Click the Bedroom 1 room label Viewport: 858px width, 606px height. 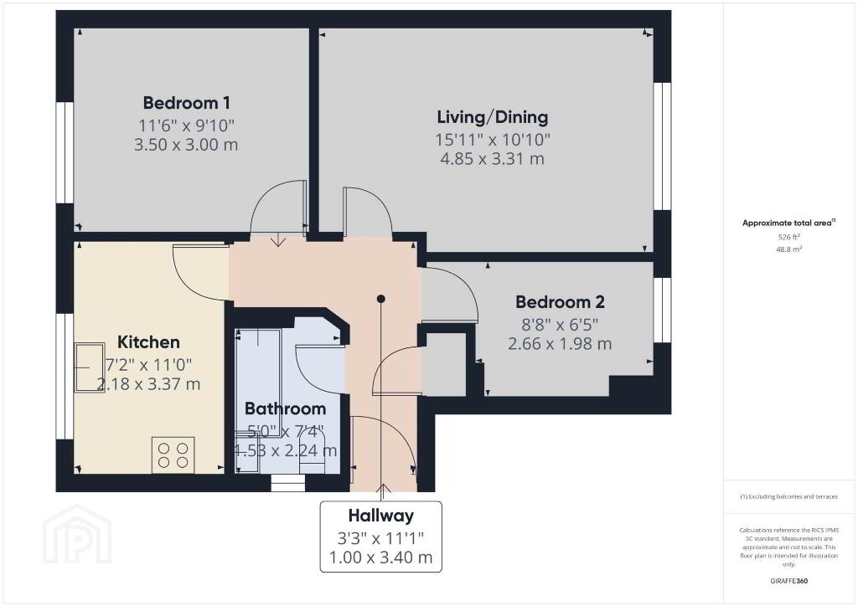(x=186, y=103)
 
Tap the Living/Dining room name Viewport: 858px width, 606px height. (x=493, y=117)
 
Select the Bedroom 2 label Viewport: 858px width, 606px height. (x=560, y=301)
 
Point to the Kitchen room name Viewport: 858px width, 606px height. (x=148, y=342)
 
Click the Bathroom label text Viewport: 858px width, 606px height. (x=285, y=408)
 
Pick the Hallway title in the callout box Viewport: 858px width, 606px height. (x=381, y=516)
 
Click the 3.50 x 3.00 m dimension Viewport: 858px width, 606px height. (x=186, y=145)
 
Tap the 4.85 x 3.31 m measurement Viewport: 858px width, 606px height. (x=493, y=159)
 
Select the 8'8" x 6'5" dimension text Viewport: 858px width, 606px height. (x=560, y=325)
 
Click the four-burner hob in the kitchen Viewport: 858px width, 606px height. (x=173, y=455)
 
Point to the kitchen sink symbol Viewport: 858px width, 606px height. (x=90, y=367)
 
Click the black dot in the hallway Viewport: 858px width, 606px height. (x=381, y=299)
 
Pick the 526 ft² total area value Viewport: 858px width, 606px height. (x=788, y=237)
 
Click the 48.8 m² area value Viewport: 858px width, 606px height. (x=788, y=249)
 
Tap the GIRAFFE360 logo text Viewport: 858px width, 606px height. (x=788, y=581)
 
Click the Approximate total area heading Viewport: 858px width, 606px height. (x=788, y=223)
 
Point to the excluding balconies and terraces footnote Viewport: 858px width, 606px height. (x=788, y=496)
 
